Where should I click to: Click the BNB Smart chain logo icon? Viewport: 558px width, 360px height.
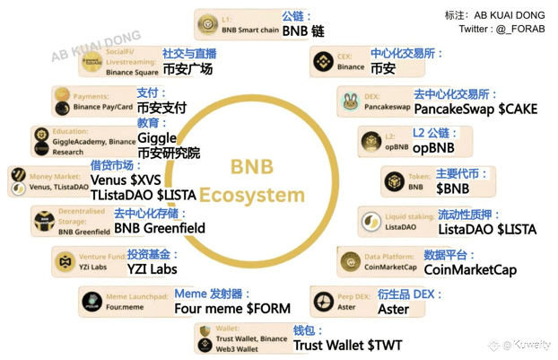(x=209, y=24)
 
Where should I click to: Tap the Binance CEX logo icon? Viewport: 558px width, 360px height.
(x=323, y=61)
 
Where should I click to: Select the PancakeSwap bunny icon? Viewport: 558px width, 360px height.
(x=351, y=101)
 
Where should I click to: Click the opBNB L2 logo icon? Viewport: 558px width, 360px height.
(x=371, y=142)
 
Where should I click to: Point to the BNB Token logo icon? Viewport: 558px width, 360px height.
(x=393, y=182)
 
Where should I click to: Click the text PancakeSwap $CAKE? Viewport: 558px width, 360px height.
(x=475, y=109)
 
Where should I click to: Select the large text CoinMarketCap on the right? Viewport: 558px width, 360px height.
(x=470, y=269)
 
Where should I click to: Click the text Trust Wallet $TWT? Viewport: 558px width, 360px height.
(x=347, y=345)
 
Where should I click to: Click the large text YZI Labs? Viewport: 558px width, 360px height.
(x=152, y=268)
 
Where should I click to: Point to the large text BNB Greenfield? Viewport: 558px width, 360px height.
(x=160, y=228)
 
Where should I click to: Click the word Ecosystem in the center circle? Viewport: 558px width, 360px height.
(x=252, y=195)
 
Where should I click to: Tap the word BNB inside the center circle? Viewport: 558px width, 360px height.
(x=252, y=168)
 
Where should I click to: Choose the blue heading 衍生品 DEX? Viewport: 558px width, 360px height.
(x=410, y=294)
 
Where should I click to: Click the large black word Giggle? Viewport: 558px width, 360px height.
(x=157, y=138)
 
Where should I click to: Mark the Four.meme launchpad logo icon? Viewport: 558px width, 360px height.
(x=92, y=302)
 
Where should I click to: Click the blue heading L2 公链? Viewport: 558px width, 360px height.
(x=436, y=133)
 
